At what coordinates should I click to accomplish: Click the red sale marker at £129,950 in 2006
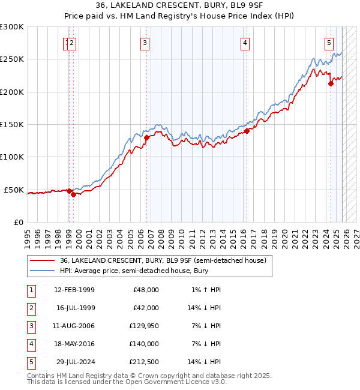[x=146, y=137]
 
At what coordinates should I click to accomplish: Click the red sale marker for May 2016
[x=247, y=130]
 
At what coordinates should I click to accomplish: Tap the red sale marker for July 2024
[x=331, y=84]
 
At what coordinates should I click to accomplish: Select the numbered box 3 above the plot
[x=145, y=43]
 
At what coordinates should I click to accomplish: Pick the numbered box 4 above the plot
[x=245, y=43]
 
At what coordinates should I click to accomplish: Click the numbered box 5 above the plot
[x=329, y=43]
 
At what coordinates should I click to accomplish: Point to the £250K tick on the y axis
[x=12, y=59]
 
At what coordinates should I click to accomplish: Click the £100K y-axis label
[x=12, y=157]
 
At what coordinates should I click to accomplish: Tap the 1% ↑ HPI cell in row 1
[x=206, y=289]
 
